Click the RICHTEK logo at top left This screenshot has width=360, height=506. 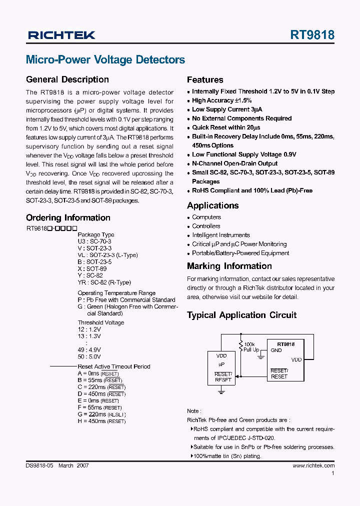coord(61,35)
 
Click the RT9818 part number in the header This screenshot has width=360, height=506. coord(312,35)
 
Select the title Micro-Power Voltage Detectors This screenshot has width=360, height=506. coord(105,60)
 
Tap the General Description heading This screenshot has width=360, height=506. coord(67,79)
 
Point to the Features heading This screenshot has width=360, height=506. coord(205,79)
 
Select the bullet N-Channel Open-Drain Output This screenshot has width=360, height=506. coord(234,163)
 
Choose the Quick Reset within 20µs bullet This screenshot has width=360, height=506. coord(226,127)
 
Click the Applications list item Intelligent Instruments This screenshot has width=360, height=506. coord(221,235)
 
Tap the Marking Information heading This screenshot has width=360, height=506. coord(229,266)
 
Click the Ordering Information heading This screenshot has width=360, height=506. coord(68,217)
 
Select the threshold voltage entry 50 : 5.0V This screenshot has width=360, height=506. coord(89,356)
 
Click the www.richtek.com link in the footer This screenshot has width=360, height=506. coord(313,465)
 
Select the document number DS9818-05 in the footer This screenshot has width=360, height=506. coord(39,465)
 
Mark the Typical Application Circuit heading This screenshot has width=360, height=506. coord(241,315)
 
